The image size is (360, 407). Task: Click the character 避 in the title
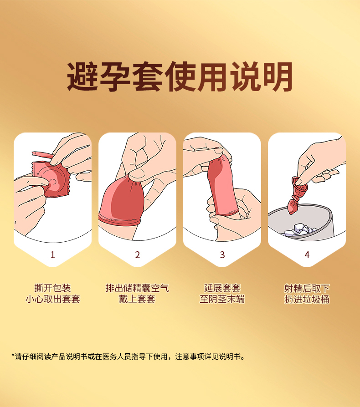tap(82, 77)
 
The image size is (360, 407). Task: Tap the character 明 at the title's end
tap(278, 77)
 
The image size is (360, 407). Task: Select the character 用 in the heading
tap(212, 77)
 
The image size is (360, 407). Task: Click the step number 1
tap(53, 255)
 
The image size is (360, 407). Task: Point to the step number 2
tap(138, 255)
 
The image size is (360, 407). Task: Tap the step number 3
tap(222, 255)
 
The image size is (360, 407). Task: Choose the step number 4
tap(307, 255)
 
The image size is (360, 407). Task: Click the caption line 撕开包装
tap(52, 288)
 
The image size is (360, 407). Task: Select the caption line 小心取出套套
tap(53, 299)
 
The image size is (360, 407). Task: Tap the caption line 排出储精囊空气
tap(137, 288)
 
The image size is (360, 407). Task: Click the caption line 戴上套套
tap(137, 299)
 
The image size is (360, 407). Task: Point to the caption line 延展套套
tap(222, 288)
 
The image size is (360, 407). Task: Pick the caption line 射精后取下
tap(307, 288)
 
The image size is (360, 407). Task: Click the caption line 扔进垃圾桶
tap(307, 299)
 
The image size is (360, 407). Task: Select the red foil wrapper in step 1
tap(52, 178)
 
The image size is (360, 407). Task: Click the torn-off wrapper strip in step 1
tap(42, 155)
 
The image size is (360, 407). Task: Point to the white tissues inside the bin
tap(300, 230)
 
